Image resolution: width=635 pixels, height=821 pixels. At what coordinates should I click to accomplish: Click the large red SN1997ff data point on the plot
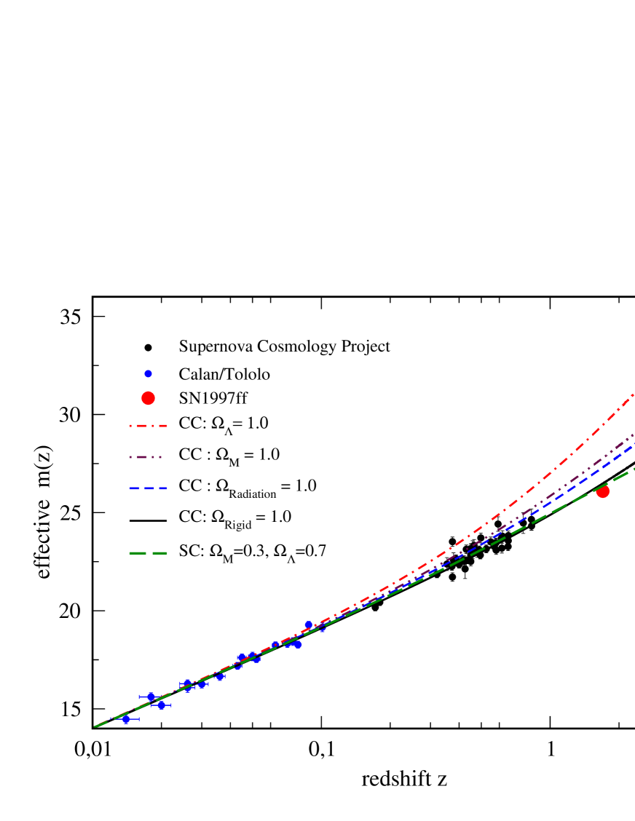[602, 492]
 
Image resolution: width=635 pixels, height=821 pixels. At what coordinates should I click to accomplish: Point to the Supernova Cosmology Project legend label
[284, 346]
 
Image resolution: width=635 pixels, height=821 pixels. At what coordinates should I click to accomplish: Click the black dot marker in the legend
[148, 348]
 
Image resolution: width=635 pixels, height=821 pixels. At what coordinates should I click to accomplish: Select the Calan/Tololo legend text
[224, 374]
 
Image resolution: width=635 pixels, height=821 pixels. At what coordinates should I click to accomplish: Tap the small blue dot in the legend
[148, 374]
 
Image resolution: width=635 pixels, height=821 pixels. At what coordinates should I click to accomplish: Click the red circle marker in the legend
[148, 398]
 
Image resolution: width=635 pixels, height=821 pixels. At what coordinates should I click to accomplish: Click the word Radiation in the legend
[252, 494]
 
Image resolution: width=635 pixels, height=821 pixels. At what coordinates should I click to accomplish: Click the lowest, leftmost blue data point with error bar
[126, 719]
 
